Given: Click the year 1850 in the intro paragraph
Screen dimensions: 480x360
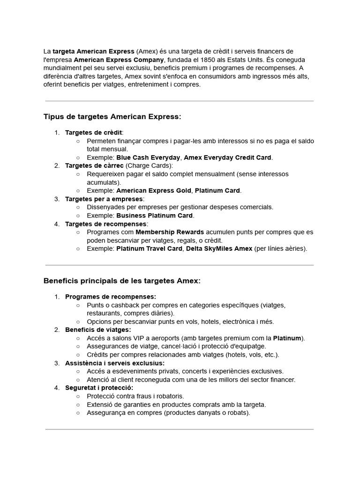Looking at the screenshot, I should click(208, 60).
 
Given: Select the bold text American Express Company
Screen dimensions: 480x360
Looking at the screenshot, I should click(119, 60).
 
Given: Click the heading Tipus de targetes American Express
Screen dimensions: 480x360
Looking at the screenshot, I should click(112, 116).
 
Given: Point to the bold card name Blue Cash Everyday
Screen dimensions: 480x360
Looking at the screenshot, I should click(148, 157).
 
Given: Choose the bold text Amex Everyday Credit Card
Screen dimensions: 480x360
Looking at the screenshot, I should click(228, 157).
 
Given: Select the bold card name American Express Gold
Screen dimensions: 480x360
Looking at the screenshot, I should click(154, 190).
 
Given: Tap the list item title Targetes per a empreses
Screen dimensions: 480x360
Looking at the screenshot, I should click(104, 199).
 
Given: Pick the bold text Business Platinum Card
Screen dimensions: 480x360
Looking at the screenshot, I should click(155, 216).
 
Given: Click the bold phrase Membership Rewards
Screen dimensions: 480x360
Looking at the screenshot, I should click(170, 232).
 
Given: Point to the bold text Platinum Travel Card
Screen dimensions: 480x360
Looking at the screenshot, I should click(149, 248).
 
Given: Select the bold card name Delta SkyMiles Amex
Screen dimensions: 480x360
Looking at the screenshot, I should click(219, 248).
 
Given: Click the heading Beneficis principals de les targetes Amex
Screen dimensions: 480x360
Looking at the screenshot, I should click(122, 280).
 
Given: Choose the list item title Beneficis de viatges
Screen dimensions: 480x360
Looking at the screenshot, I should click(98, 330).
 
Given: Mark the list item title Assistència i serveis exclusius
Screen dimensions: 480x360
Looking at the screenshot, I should click(115, 363).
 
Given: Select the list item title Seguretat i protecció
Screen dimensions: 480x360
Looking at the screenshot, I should click(99, 388).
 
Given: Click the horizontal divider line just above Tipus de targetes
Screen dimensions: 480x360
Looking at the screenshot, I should click(180, 101).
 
